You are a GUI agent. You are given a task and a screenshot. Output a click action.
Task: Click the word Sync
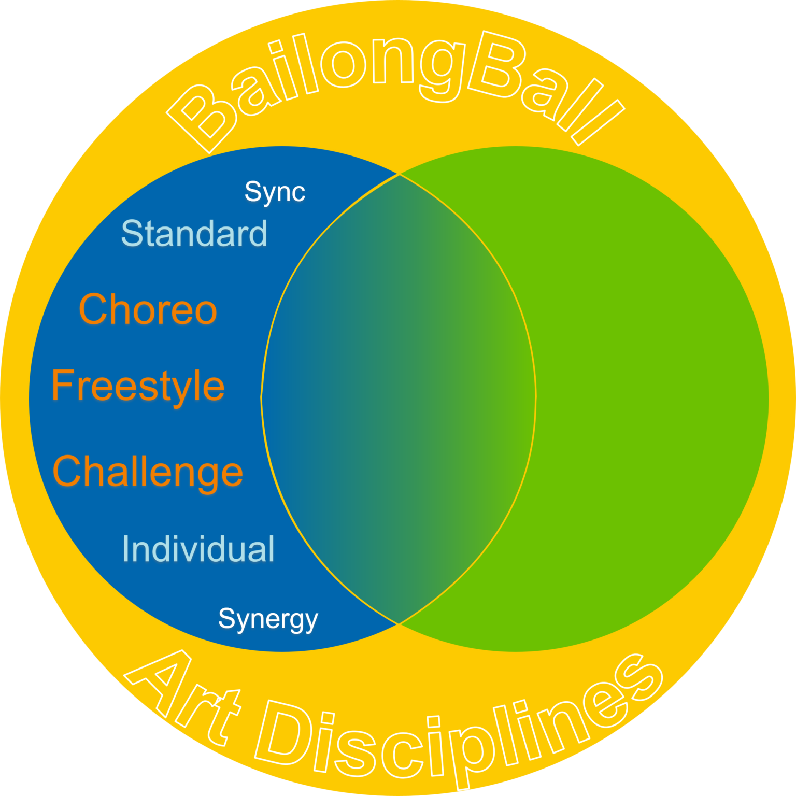(275, 192)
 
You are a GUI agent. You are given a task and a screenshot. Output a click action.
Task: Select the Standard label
(194, 233)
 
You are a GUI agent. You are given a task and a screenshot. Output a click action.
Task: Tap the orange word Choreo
(148, 309)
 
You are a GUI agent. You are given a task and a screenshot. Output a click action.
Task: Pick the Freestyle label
(138, 387)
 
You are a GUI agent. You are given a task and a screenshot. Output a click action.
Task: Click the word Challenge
(148, 472)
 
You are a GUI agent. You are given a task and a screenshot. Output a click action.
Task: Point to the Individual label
(198, 549)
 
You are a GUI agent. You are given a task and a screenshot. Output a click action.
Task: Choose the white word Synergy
(268, 619)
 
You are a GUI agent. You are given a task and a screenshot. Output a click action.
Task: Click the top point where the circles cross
(399, 174)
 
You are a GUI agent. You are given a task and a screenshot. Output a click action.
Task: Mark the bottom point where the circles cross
(398, 624)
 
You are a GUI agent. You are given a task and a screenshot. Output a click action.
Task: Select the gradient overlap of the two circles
(398, 399)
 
